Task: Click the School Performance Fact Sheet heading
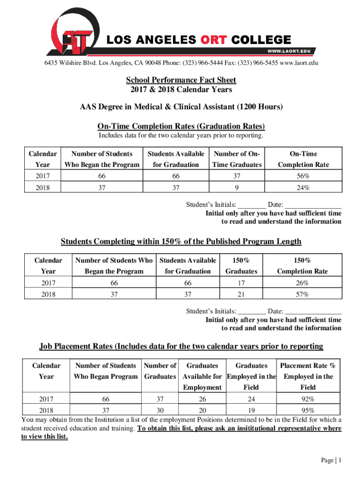pyautogui.click(x=180, y=80)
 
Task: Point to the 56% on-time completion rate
pyautogui.click(x=302, y=176)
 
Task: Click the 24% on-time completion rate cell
pyautogui.click(x=302, y=188)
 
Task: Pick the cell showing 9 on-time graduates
pyautogui.click(x=238, y=188)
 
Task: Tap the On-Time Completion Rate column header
pyautogui.click(x=302, y=159)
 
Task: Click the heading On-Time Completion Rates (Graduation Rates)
pyautogui.click(x=181, y=126)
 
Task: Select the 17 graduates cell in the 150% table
pyautogui.click(x=241, y=283)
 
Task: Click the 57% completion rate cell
pyautogui.click(x=302, y=295)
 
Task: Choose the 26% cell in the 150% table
pyautogui.click(x=302, y=283)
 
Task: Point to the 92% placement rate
pyautogui.click(x=308, y=399)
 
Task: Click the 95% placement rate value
pyautogui.click(x=308, y=410)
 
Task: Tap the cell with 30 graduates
pyautogui.click(x=160, y=410)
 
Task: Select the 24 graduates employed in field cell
pyautogui.click(x=251, y=399)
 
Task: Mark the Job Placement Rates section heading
pyautogui.click(x=181, y=347)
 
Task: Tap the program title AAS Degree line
pyautogui.click(x=181, y=107)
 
